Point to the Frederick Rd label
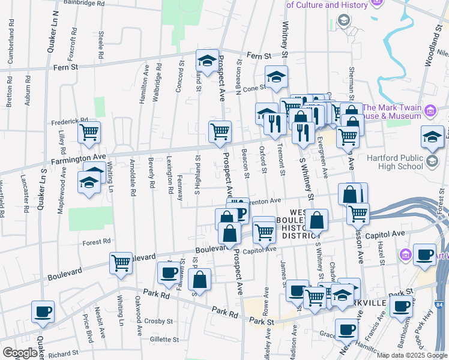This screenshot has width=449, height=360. pos(70,120)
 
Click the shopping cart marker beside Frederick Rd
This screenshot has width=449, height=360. pos(89,132)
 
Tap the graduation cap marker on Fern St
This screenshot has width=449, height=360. pos(207,61)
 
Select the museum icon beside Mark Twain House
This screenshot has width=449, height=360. pos(430,110)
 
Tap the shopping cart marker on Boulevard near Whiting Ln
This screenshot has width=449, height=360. pos(121,262)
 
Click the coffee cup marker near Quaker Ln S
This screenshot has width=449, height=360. pos(43,312)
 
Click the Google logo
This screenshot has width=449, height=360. pos(20,353)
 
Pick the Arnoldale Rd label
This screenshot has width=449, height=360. pos(133,178)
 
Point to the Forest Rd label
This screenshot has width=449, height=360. pos(97,242)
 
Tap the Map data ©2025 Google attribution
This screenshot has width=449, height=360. pos(411,355)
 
